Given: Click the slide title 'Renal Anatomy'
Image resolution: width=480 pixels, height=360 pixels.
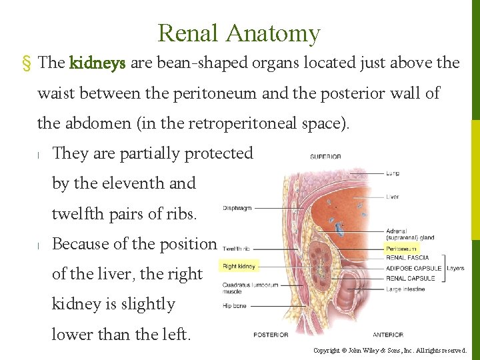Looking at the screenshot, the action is pyautogui.click(x=239, y=33).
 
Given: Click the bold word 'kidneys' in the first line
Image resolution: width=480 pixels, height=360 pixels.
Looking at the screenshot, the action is pyautogui.click(x=97, y=63).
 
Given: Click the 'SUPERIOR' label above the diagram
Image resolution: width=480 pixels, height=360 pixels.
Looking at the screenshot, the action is pyautogui.click(x=325, y=157).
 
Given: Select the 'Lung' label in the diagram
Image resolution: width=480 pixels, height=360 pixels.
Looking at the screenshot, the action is pyautogui.click(x=393, y=173).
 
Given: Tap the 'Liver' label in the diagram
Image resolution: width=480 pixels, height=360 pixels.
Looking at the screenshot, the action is pyautogui.click(x=393, y=197).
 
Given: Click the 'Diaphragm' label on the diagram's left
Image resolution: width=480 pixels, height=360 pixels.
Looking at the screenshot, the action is pyautogui.click(x=237, y=208).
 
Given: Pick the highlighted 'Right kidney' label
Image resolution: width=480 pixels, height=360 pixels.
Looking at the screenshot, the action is pyautogui.click(x=239, y=267).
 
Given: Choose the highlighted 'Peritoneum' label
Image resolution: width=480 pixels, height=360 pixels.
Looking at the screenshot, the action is pyautogui.click(x=402, y=249).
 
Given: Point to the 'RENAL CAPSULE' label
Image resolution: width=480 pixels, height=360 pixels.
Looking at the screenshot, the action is pyautogui.click(x=410, y=278).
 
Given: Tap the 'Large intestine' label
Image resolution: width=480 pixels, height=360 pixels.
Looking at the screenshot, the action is pyautogui.click(x=405, y=289).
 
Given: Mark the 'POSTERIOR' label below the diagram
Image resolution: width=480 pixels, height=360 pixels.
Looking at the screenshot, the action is pyautogui.click(x=271, y=335).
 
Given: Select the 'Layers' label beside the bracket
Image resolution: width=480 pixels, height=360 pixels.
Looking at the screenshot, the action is pyautogui.click(x=455, y=268).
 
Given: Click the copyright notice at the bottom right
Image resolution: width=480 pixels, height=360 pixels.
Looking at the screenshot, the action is pyautogui.click(x=390, y=350).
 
